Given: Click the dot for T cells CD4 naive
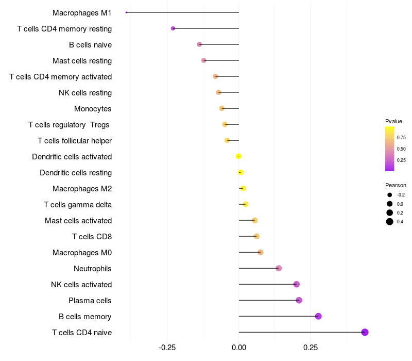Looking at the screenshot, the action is coord(365,332).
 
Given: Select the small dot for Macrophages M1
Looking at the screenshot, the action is coord(126,12).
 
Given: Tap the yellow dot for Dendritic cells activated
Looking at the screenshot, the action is coord(238,157).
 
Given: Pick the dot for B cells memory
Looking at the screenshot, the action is coord(318,316).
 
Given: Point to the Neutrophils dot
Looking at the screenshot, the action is coord(279,268).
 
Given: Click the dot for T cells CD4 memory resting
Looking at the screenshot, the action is coord(173,28).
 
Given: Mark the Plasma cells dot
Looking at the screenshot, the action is coord(299,300).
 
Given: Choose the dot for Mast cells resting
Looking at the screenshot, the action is coord(203,60).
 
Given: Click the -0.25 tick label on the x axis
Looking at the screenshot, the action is coord(167,348).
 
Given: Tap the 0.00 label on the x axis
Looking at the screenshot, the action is coord(239,348).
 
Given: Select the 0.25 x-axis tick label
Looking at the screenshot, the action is coord(311,348).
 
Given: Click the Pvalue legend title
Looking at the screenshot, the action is coord(393,121).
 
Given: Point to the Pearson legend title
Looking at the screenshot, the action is coord(396,185).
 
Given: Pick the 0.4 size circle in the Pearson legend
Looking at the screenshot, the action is coord(390,222).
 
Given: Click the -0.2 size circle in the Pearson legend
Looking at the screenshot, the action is coord(390,195).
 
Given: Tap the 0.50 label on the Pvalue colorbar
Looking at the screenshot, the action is coord(401,149).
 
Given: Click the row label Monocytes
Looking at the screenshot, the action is coord(93,109).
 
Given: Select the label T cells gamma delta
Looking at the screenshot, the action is coord(78,205).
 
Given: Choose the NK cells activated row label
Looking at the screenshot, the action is coord(81,285).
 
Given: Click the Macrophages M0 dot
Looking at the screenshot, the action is coord(261,252).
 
